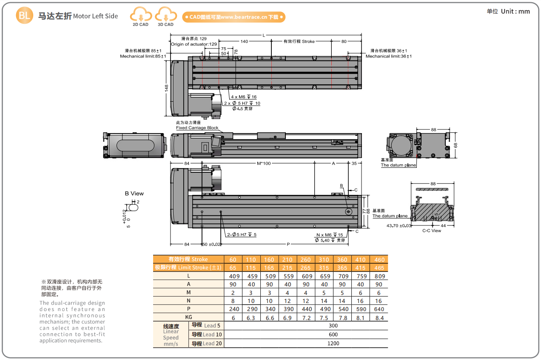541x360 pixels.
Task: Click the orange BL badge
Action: (x=24, y=16)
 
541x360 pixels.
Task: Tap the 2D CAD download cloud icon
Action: (x=140, y=15)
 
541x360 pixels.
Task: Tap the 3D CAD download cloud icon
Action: (x=165, y=15)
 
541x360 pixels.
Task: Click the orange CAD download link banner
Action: (x=233, y=17)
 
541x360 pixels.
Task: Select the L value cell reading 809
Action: (x=379, y=276)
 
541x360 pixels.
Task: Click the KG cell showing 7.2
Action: (x=306, y=318)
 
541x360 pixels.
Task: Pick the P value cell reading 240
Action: (x=233, y=309)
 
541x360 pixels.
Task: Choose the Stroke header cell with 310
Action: (x=324, y=260)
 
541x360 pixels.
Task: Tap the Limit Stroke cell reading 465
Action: (x=379, y=268)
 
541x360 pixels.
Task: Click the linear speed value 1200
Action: (x=333, y=343)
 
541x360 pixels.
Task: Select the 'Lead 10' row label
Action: (x=206, y=334)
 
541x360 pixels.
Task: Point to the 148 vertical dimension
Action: (x=166, y=87)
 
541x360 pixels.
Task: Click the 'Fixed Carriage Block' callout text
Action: (x=197, y=128)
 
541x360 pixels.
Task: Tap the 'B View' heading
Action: (x=134, y=194)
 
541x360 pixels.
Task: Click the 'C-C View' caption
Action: (x=431, y=231)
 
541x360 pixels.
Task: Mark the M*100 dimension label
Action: (x=264, y=163)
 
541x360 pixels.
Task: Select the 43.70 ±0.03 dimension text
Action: (x=399, y=226)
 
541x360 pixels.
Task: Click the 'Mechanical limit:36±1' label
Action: (x=388, y=56)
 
